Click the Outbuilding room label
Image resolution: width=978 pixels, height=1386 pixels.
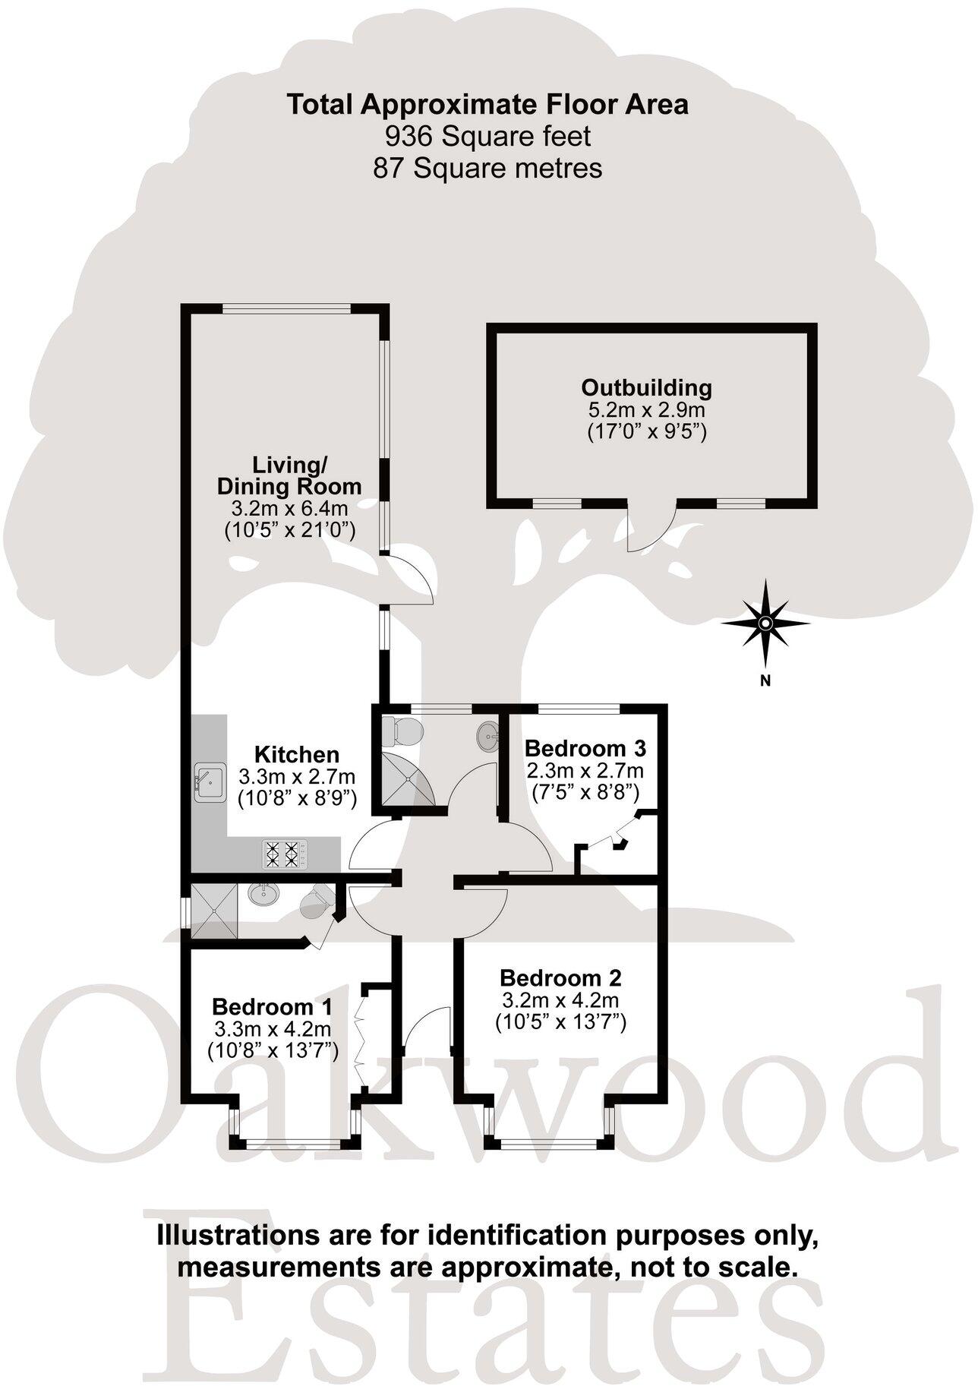pos(647,387)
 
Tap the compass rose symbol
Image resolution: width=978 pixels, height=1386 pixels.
pos(765,624)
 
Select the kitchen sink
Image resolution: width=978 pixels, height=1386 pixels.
pos(208,781)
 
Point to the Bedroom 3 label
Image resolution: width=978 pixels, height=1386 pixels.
pos(585,748)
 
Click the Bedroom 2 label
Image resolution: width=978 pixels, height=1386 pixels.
pos(561,977)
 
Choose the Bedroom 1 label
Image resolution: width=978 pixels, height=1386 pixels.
pos(273,1007)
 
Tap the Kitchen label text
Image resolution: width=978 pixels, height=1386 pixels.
pos(296,755)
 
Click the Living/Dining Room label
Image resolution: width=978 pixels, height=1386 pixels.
pos(290,475)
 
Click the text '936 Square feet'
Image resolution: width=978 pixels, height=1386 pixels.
pos(487,137)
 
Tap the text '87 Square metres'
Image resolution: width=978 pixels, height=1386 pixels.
pos(487,168)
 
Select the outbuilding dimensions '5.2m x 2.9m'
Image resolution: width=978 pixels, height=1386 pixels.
pos(647,411)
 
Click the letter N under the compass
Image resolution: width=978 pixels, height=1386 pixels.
pos(766,680)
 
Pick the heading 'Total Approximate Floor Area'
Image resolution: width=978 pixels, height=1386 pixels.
pos(487,104)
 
